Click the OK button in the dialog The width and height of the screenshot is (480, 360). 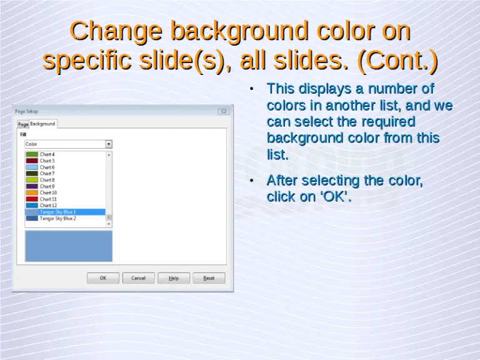[x=103, y=278]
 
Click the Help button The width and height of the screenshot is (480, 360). [x=174, y=278]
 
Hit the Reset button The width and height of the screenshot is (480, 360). [x=209, y=278]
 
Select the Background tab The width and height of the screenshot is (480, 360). [x=43, y=124]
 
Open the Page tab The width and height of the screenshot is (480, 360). [x=23, y=124]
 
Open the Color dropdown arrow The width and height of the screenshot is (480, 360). [x=109, y=144]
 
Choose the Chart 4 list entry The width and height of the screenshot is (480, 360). [x=47, y=154]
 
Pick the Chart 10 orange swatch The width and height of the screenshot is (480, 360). [x=32, y=192]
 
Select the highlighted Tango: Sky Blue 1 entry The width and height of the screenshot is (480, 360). [x=58, y=212]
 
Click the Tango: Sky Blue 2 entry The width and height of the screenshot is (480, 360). [x=58, y=219]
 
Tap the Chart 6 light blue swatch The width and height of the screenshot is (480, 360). [x=32, y=167]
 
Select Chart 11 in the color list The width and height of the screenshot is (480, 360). [x=48, y=199]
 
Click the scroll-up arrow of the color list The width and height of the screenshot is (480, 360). [x=109, y=154]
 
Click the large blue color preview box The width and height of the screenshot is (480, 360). [x=69, y=246]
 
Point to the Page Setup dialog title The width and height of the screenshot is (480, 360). [x=26, y=111]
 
